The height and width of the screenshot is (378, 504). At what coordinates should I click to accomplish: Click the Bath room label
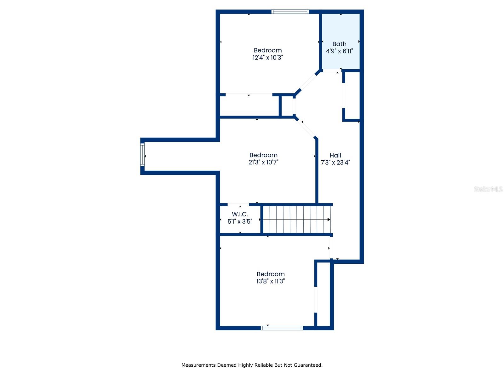[x=339, y=44]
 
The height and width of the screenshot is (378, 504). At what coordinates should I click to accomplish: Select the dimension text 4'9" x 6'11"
[x=339, y=51]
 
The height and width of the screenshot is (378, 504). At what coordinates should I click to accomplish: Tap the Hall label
[x=335, y=155]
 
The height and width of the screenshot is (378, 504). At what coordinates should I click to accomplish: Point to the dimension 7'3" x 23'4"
[x=335, y=163]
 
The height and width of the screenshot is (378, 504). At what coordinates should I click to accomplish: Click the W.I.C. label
[x=240, y=214]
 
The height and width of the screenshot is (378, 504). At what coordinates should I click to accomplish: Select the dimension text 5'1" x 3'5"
[x=240, y=221]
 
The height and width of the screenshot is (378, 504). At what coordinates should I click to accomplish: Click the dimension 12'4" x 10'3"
[x=268, y=58]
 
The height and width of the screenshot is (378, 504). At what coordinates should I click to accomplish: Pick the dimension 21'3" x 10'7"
[x=263, y=163]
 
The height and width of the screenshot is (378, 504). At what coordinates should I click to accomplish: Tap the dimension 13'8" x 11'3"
[x=271, y=281]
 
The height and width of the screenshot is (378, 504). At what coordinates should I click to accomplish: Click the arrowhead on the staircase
[x=329, y=220]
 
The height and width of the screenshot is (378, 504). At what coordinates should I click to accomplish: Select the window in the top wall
[x=290, y=12]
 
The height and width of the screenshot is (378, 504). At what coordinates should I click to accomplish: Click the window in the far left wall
[x=142, y=155]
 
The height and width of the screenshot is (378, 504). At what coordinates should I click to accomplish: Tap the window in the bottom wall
[x=282, y=328]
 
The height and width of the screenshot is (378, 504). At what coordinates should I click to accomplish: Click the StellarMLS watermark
[x=488, y=189]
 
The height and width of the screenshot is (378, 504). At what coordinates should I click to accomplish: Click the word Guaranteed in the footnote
[x=308, y=365]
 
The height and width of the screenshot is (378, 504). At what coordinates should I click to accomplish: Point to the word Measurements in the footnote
[x=198, y=365]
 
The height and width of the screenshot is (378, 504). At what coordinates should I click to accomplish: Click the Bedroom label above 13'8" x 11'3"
[x=271, y=274]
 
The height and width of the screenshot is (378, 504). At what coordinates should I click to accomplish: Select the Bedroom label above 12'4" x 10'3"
[x=268, y=50]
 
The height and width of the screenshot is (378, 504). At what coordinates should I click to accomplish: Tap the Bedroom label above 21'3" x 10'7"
[x=263, y=155]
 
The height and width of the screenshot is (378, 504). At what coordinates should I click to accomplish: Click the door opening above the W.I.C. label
[x=238, y=205]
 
